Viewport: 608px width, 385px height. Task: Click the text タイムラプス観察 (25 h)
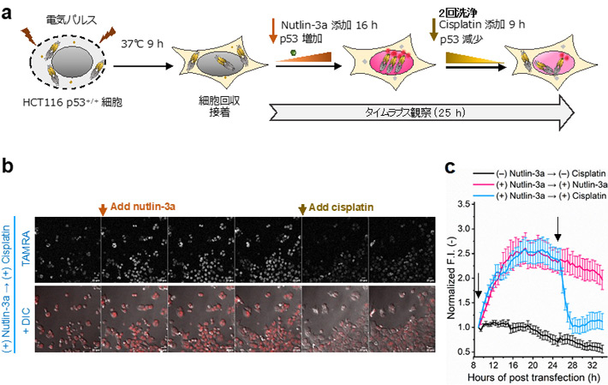click(408, 111)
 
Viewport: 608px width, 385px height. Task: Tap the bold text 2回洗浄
click(470, 11)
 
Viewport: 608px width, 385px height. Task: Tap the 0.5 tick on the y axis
click(465, 351)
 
